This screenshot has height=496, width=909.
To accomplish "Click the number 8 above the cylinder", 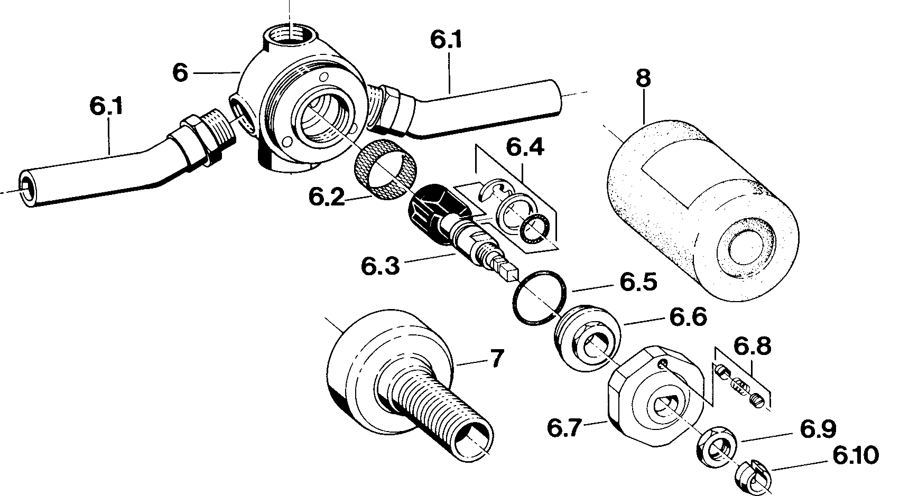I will point(643,79).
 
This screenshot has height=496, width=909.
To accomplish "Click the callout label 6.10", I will point(856,455).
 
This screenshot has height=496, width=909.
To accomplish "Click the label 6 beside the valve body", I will point(180,72).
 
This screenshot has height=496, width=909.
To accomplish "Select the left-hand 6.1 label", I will point(106,106).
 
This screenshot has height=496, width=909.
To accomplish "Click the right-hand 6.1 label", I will point(446,40).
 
